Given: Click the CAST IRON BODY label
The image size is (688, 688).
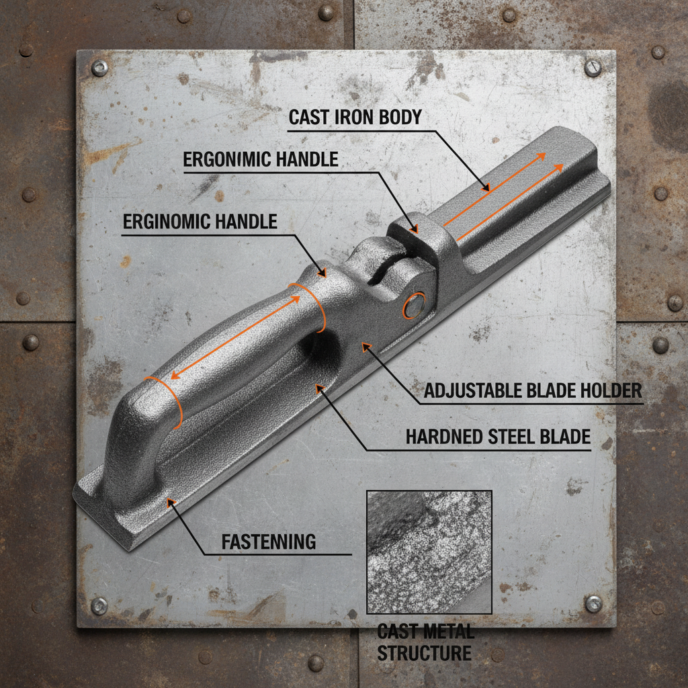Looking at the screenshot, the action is click(355, 117).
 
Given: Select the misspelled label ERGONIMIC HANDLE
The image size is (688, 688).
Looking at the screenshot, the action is click(261, 159).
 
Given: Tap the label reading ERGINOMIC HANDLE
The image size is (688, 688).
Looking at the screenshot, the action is click(200, 222).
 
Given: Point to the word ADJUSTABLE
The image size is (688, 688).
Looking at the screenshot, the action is click(476, 390).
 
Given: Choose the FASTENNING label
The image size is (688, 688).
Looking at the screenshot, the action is click(269, 542).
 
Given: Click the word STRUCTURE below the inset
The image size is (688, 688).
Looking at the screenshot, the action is click(425, 653).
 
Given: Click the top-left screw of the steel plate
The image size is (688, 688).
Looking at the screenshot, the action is click(99, 69).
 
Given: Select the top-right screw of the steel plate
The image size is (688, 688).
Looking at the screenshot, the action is click(593, 68).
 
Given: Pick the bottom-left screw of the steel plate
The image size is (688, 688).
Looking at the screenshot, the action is click(99, 606).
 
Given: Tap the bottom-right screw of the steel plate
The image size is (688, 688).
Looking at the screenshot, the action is click(593, 604).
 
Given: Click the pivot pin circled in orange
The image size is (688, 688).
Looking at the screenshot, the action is click(414, 306).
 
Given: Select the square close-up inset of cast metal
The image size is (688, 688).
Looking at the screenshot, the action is click(429, 552).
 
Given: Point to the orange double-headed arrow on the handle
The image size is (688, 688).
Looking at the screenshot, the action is click(236, 337).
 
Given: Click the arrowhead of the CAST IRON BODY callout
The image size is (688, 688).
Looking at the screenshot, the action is click(486, 189).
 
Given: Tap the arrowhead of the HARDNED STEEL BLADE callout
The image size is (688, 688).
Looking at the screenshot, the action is click(319, 388).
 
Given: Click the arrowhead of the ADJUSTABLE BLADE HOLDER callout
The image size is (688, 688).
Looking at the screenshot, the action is click(365, 347).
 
